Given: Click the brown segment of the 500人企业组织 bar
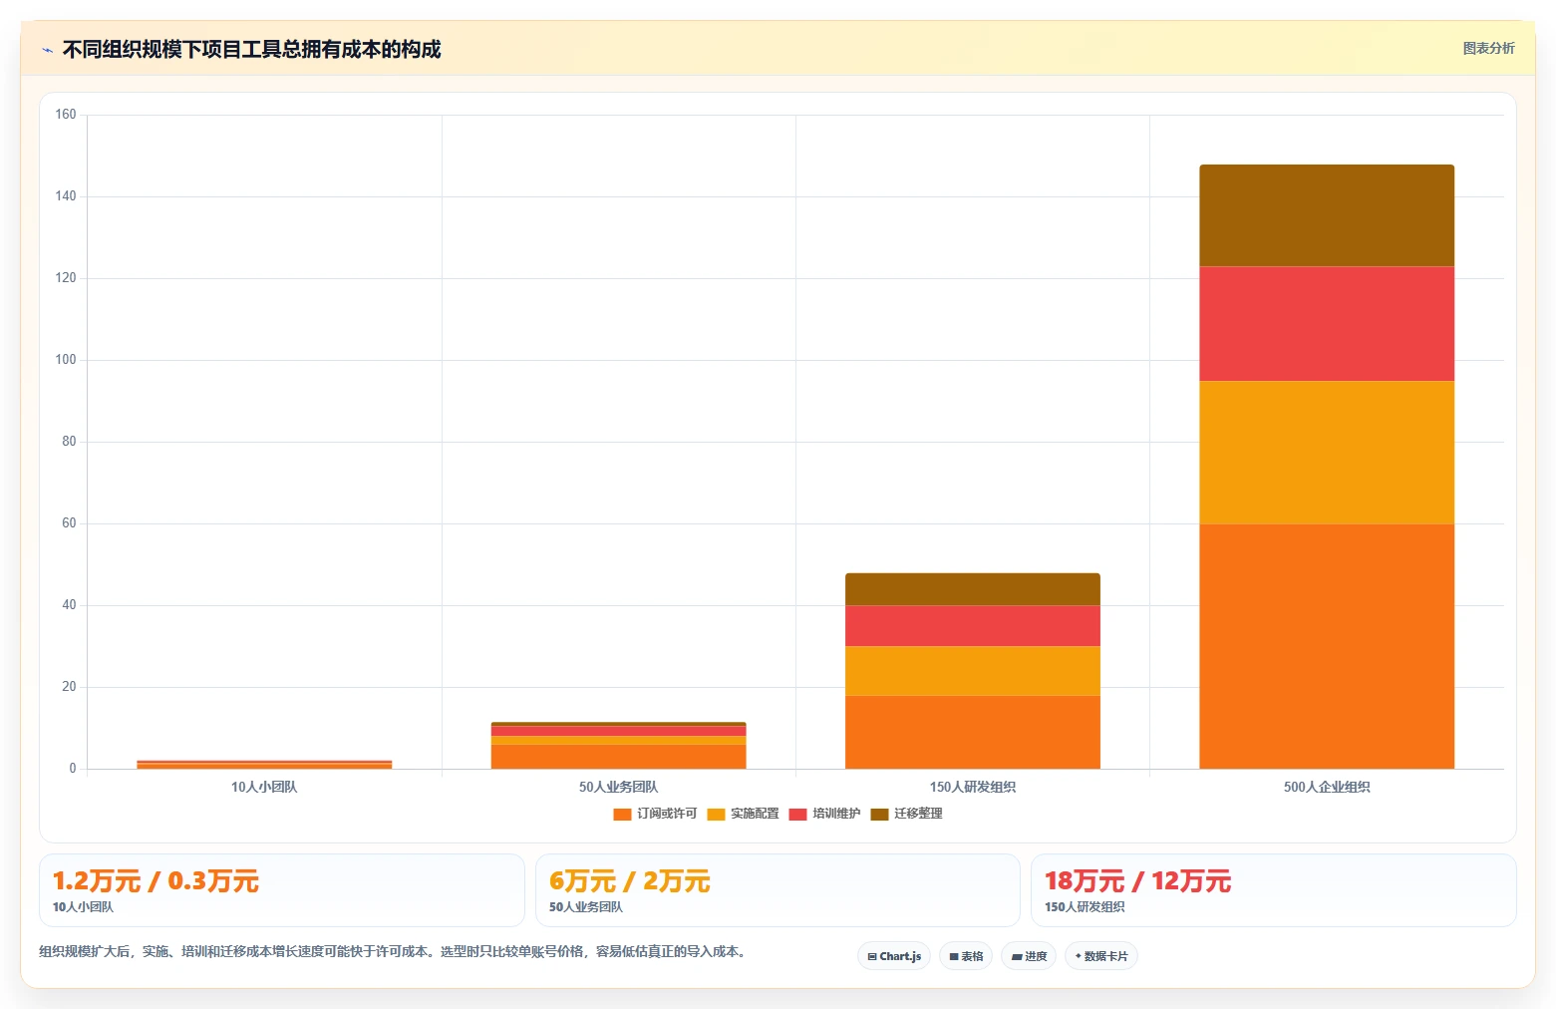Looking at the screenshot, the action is (1326, 215).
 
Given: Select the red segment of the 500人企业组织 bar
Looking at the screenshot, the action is (1326, 324).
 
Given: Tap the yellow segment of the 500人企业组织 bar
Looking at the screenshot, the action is (1326, 453).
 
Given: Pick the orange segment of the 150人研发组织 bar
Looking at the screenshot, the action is (973, 732).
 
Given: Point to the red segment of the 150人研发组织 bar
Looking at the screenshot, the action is (973, 626).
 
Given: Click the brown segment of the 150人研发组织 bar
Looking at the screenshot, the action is (973, 589).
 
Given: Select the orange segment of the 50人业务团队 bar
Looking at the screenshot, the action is (618, 756).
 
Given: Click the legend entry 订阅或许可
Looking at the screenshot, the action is (655, 814).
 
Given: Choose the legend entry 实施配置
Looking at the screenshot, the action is (743, 814).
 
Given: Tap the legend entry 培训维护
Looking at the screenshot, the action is (824, 814).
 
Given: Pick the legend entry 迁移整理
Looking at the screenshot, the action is (906, 814).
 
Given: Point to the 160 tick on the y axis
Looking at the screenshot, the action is (66, 114).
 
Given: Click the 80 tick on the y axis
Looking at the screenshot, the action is (69, 442).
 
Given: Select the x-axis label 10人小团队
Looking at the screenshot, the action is (264, 787).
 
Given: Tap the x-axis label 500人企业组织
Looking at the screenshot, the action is (1327, 787).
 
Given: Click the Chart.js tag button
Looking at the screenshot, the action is (894, 956).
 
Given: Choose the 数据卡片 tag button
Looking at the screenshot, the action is (1101, 956).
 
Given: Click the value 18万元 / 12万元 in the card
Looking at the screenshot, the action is (1137, 881).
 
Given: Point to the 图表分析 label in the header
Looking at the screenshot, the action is (1488, 49).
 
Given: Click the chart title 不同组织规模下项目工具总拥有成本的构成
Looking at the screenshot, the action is (251, 49).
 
